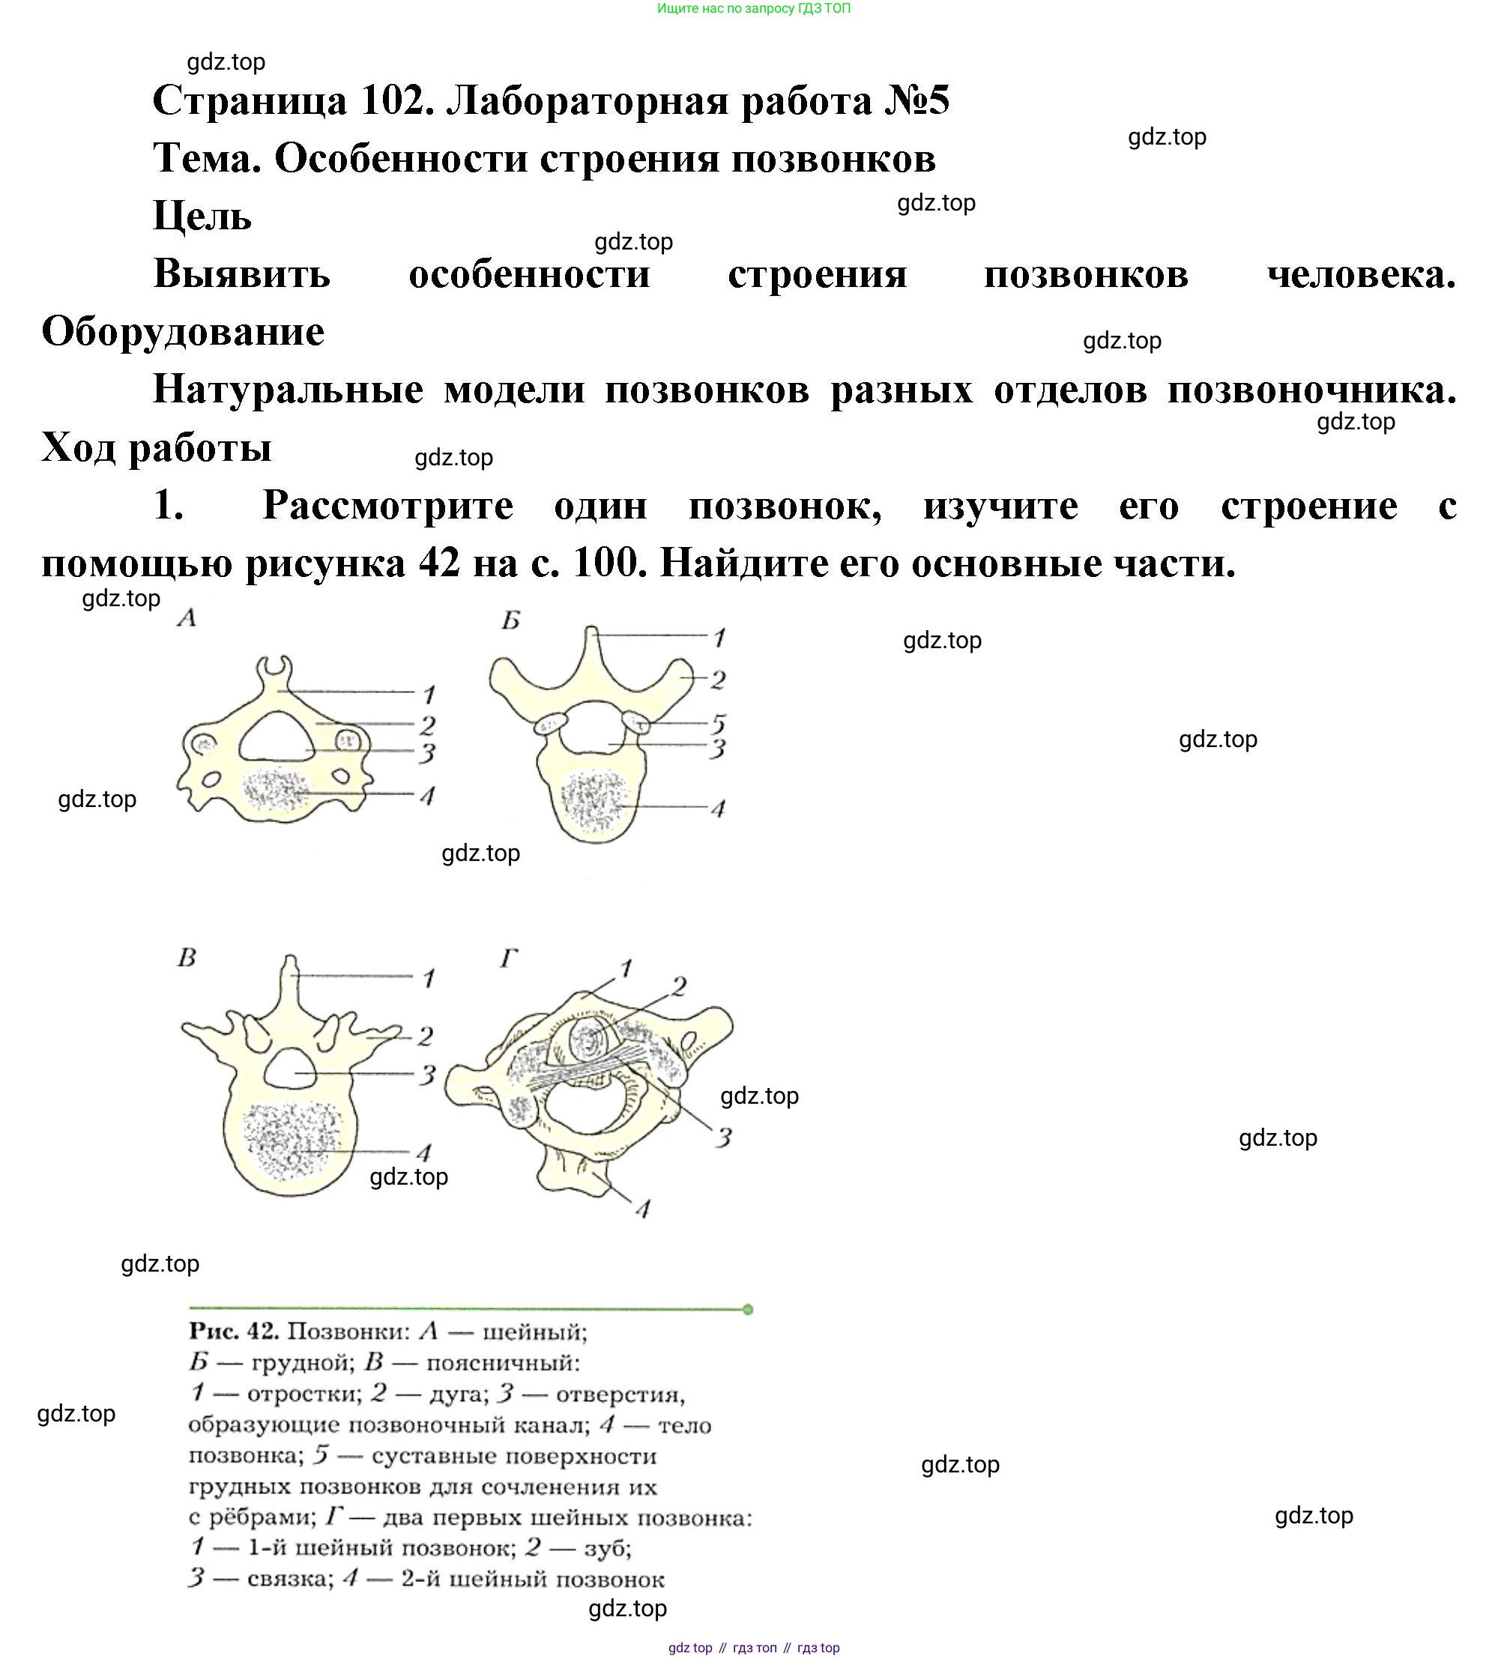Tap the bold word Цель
point(202,217)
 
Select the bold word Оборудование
point(183,333)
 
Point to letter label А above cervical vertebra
point(187,617)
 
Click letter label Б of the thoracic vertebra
point(511,620)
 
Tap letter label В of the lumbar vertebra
point(187,958)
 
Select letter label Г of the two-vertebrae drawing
point(510,958)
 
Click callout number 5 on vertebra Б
point(719,724)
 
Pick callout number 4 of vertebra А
point(427,796)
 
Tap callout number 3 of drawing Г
point(723,1138)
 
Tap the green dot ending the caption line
point(747,1309)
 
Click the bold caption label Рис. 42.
point(235,1332)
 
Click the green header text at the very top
point(754,8)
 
